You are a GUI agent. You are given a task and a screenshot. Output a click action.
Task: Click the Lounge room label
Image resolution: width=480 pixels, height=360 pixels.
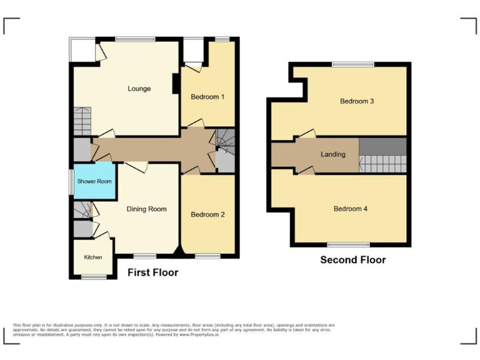(139, 89)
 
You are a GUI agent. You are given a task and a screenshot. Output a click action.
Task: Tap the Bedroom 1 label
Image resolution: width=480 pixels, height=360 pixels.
(207, 97)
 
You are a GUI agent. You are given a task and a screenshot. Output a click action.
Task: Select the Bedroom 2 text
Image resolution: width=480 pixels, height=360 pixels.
(207, 214)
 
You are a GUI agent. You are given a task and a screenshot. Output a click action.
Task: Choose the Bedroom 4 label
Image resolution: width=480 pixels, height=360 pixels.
(351, 209)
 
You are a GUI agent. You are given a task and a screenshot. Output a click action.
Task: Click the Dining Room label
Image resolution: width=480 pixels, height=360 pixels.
(147, 209)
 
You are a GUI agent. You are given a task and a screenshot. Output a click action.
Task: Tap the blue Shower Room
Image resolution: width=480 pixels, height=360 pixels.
(94, 181)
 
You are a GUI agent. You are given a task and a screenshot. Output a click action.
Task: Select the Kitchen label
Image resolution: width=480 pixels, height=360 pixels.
(93, 257)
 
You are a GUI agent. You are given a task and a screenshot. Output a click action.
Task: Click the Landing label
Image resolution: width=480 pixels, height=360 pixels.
(332, 154)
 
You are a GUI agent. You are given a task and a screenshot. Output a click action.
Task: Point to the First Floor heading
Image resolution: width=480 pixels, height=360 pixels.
(152, 272)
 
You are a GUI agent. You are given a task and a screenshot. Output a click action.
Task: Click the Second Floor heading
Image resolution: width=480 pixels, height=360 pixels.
(353, 260)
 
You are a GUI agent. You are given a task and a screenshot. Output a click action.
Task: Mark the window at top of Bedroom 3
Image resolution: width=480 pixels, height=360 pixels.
(352, 64)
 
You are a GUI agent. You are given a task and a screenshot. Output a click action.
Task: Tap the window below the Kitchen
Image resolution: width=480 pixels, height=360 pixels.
(93, 276)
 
